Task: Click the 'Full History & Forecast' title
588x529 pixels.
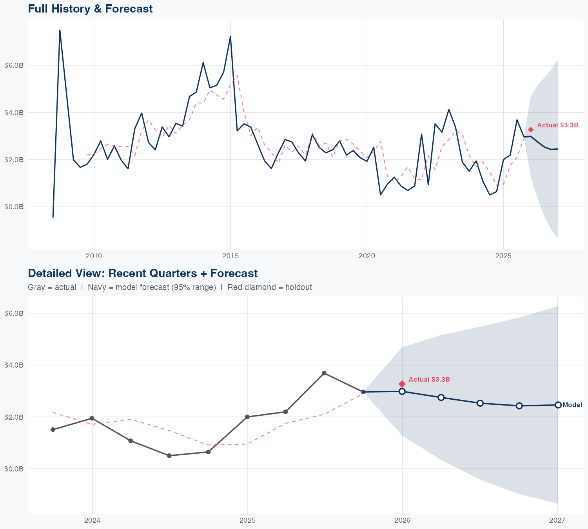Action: point(90,9)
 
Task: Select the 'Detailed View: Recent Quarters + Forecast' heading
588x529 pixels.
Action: point(143,273)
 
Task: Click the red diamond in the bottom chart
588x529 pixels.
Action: point(402,384)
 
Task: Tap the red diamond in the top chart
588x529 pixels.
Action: point(530,130)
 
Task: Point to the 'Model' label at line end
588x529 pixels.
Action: point(572,405)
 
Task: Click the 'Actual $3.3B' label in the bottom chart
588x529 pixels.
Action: point(429,379)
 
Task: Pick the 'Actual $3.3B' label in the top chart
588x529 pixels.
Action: point(557,125)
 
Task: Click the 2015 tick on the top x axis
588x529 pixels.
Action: point(230,256)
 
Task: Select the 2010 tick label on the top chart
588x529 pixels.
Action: point(94,256)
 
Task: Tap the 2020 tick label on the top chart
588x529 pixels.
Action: point(367,256)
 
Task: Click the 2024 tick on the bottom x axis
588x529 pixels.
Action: point(92,520)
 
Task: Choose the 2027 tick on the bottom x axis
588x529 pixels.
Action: point(557,520)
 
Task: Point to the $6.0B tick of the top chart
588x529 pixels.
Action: point(14,65)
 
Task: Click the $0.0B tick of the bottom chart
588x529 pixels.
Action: point(14,469)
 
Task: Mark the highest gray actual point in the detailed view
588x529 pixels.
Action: point(324,373)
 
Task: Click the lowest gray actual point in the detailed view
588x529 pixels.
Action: point(169,456)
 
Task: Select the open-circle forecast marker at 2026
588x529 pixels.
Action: point(402,391)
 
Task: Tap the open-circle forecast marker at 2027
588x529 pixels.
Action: point(558,405)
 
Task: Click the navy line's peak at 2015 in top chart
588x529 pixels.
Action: point(230,36)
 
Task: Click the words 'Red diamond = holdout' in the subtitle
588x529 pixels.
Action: point(269,287)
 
